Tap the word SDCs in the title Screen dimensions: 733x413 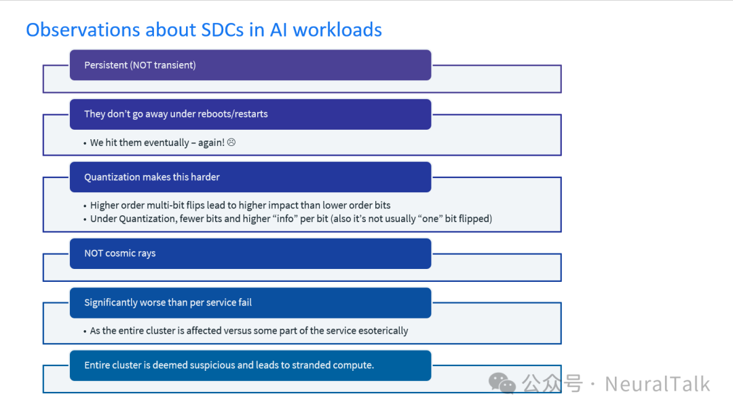point(223,30)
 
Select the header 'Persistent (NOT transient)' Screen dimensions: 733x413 point(140,65)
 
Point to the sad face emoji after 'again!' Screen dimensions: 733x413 point(231,142)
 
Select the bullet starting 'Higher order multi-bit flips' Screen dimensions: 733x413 point(240,205)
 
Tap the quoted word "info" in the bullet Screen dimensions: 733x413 point(285,219)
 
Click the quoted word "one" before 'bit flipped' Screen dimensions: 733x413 point(430,219)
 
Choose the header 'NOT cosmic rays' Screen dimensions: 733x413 point(120,253)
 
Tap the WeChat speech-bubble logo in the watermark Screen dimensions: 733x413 point(502,384)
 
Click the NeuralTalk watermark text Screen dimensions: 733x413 point(657,384)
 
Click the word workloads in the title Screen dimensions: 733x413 point(337,30)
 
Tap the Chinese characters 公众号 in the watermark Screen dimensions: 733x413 point(552,384)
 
